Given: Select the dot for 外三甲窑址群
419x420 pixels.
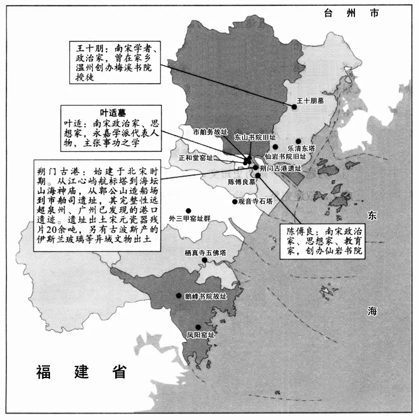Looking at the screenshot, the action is pos(188,211).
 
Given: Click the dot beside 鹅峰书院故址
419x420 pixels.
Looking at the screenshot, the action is pos(179,296).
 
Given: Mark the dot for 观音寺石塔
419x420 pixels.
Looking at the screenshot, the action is pos(235,202).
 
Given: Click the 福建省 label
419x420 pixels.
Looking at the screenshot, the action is pos(81,372).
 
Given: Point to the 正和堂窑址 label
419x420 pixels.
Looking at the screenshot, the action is pos(196,158).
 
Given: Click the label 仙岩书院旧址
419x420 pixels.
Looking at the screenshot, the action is pos(285,156).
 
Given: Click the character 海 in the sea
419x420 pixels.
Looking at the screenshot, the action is pos(372,311).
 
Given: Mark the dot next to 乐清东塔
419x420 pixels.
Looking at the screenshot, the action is pos(298,141).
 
